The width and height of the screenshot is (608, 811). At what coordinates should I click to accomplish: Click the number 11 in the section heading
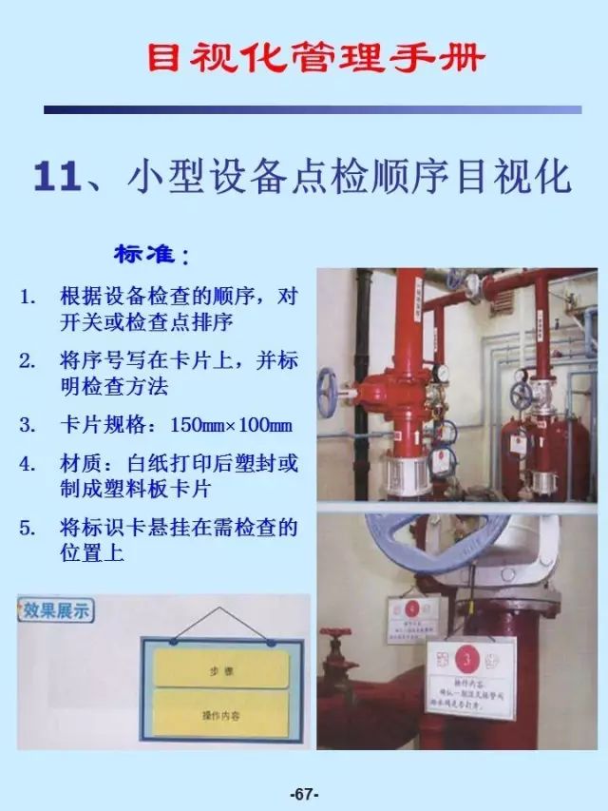[x=57, y=179]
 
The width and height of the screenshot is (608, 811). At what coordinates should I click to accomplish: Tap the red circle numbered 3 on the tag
[x=468, y=658]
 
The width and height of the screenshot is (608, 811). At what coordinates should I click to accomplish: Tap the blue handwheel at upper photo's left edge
[x=326, y=391]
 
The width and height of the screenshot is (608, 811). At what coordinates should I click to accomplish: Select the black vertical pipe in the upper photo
[x=362, y=380]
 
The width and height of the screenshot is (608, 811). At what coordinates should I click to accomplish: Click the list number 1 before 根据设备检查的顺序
[x=28, y=297]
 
